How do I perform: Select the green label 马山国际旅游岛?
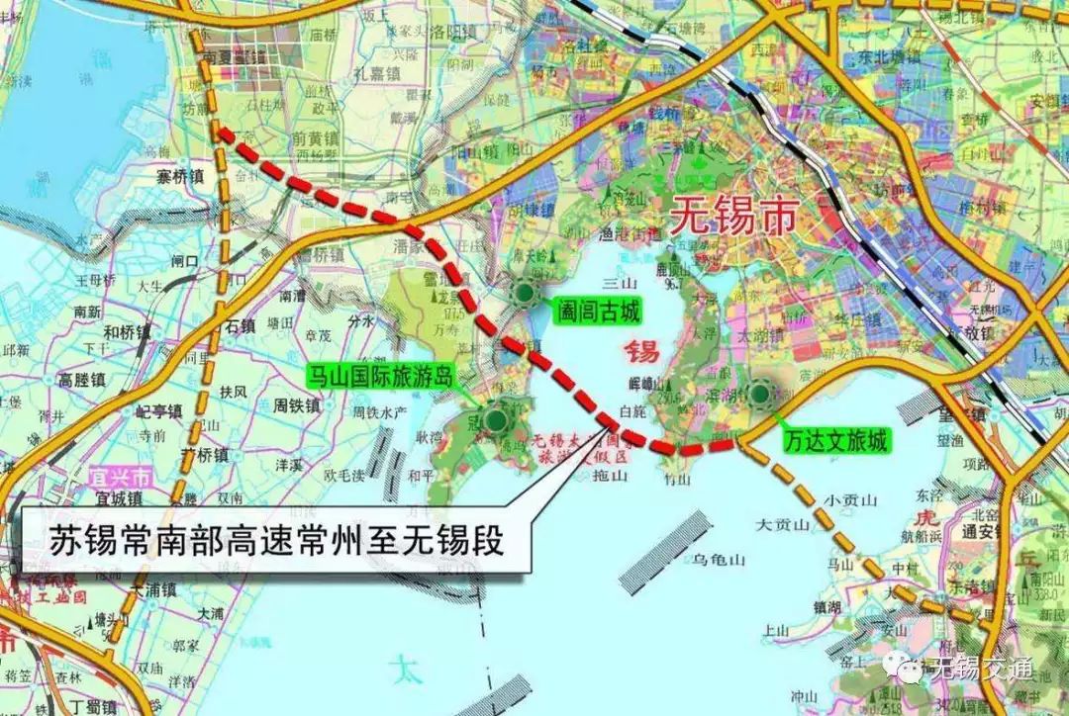[x=380, y=375]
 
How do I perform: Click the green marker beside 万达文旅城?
[x=760, y=396]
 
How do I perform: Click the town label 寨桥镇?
[x=179, y=177]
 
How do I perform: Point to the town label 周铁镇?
[x=296, y=404]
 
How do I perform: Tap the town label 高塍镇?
[x=80, y=379]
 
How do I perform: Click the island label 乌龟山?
[x=718, y=560]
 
